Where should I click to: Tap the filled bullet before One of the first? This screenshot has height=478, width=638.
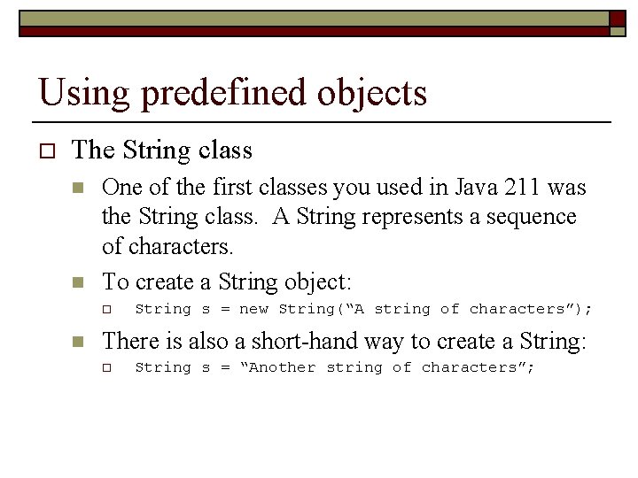coord(79,189)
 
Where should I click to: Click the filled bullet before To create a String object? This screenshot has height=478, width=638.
coord(79,283)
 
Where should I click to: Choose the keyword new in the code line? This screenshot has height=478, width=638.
coord(253,309)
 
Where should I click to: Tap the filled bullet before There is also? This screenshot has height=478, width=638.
coord(79,342)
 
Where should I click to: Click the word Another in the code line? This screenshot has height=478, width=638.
coord(283,367)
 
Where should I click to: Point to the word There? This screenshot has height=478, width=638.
coord(130,341)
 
